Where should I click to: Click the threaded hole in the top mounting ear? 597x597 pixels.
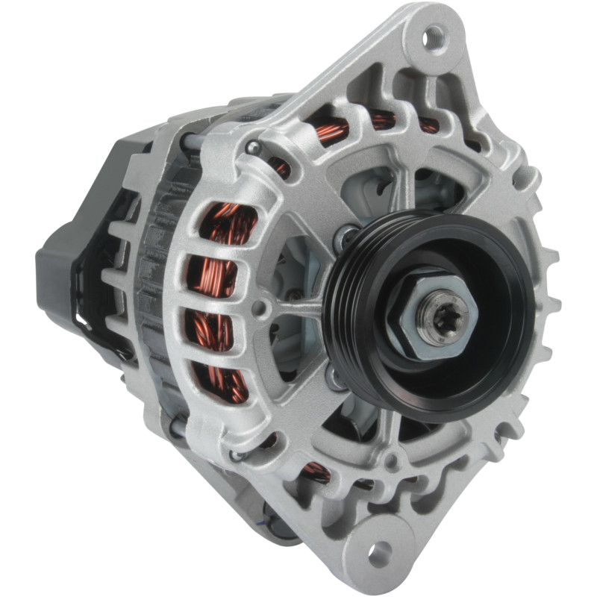tap(435, 35)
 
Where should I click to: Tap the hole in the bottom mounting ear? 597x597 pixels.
tap(381, 551)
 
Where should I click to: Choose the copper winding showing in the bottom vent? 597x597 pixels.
tap(317, 472)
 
